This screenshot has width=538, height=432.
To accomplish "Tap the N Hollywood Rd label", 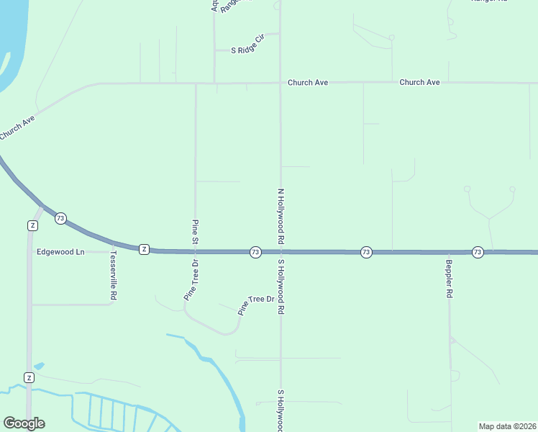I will (x=281, y=215).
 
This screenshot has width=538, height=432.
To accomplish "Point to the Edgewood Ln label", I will (x=60, y=252).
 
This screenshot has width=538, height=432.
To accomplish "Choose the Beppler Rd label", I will (x=449, y=279).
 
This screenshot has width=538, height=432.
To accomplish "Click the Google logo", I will (x=24, y=423).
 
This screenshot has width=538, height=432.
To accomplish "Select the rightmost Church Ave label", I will (x=419, y=83).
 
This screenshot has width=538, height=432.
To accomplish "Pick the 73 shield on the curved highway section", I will (x=60, y=218).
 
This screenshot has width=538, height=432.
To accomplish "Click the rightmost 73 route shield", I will (x=478, y=252).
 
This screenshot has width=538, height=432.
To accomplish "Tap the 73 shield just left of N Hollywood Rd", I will (x=255, y=252).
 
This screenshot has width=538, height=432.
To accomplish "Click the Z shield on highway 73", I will (x=144, y=249).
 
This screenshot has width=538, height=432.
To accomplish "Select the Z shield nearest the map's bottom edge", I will (x=29, y=377).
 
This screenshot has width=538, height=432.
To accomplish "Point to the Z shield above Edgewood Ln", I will (x=32, y=225).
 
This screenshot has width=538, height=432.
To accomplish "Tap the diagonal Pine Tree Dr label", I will (x=257, y=305).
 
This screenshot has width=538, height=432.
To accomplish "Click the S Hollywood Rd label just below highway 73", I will (x=281, y=287).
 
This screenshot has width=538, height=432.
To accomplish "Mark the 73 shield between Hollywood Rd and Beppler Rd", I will (x=366, y=252).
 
